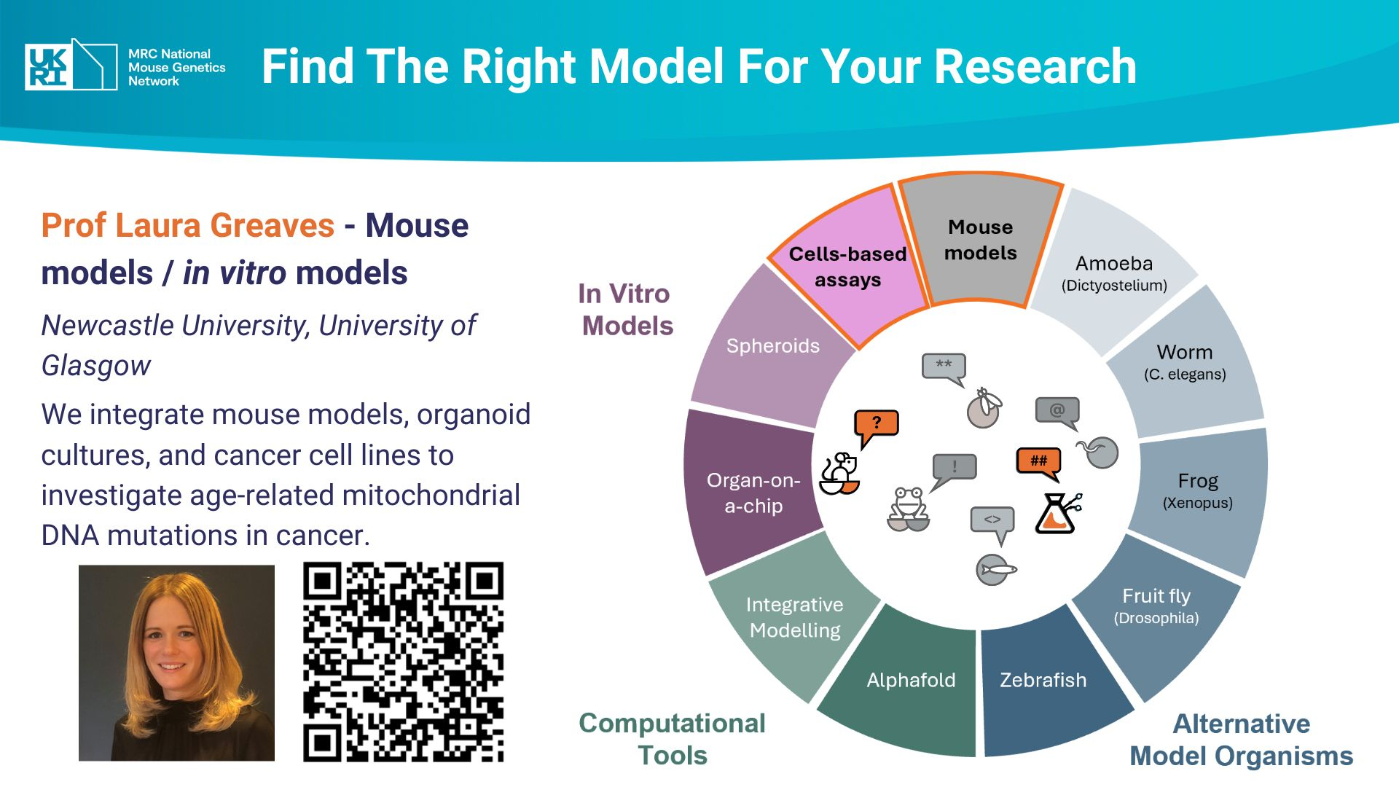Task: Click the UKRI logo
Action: [71, 66]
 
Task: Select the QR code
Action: [403, 662]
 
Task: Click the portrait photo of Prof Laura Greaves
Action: [176, 663]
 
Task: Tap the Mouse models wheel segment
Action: [980, 240]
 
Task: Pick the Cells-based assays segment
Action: [847, 267]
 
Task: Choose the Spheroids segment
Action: [772, 345]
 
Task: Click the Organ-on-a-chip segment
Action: [753, 493]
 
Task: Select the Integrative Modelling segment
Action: [794, 617]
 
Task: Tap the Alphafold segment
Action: [911, 680]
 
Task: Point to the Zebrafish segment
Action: [1043, 680]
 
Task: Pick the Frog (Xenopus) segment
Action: [1198, 490]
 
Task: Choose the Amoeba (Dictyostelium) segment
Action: [1114, 273]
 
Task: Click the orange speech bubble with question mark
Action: [876, 425]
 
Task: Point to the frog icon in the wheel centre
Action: [908, 508]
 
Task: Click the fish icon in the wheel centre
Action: [995, 569]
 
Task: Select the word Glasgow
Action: [96, 365]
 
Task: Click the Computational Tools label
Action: [672, 739]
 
